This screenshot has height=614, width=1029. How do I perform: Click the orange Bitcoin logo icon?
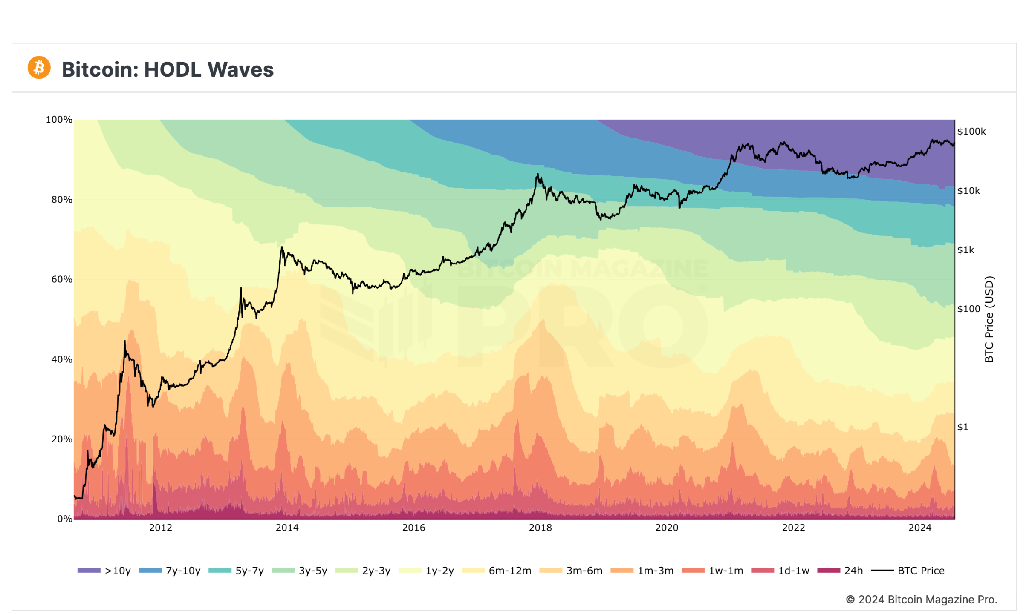pos(39,67)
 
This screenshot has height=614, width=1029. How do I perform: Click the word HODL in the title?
pos(173,69)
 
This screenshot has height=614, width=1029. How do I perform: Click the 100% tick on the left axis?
pos(59,120)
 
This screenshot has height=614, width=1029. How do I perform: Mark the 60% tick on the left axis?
pos(62,279)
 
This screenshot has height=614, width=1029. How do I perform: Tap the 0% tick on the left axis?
pos(65,519)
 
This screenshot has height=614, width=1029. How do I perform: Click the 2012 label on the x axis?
pos(160,528)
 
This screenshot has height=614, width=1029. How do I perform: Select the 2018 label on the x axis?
pos(540,528)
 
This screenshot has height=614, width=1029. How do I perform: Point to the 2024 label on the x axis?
pos(919,528)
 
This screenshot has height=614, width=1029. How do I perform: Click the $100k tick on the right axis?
pos(971,132)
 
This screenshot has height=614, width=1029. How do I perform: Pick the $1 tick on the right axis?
pos(963,427)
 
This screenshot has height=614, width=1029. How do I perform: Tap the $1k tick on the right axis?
pos(966,250)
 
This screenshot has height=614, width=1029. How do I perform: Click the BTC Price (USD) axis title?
pos(989,319)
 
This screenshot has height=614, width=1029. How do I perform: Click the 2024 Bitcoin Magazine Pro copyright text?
pos(921,600)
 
